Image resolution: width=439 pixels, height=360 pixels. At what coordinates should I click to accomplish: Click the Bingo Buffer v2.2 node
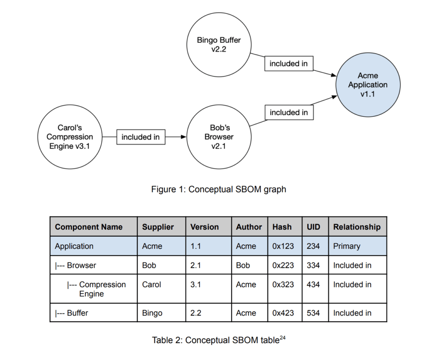(x=219, y=45)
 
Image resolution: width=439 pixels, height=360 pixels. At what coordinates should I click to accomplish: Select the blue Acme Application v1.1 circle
(x=367, y=85)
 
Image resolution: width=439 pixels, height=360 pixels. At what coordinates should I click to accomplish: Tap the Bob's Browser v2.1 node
(x=219, y=137)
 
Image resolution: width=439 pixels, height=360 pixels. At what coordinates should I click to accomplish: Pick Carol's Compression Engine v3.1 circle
(x=69, y=137)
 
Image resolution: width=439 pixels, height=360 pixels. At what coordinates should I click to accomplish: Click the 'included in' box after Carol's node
(x=141, y=137)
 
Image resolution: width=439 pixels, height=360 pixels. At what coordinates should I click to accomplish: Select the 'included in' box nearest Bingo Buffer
(x=288, y=64)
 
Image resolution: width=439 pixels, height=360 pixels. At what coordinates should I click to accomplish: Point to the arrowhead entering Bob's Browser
(x=183, y=137)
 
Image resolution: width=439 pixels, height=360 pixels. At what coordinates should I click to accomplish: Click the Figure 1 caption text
(x=219, y=189)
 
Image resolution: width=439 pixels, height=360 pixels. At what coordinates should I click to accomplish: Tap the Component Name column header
(x=89, y=227)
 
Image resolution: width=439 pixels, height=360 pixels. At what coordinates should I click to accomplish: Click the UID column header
(x=313, y=227)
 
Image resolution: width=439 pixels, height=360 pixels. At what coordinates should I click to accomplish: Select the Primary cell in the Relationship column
(x=347, y=246)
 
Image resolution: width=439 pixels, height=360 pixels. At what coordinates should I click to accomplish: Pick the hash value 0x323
(x=283, y=284)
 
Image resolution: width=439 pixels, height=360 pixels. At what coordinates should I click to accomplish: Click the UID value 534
(x=313, y=313)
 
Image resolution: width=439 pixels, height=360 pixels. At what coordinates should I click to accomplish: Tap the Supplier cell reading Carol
(x=152, y=284)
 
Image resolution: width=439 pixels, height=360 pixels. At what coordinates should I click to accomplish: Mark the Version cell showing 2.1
(x=195, y=265)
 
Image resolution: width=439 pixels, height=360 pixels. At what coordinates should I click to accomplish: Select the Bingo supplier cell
(x=152, y=313)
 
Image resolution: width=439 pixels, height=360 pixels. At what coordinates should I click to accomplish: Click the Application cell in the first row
(x=74, y=246)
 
